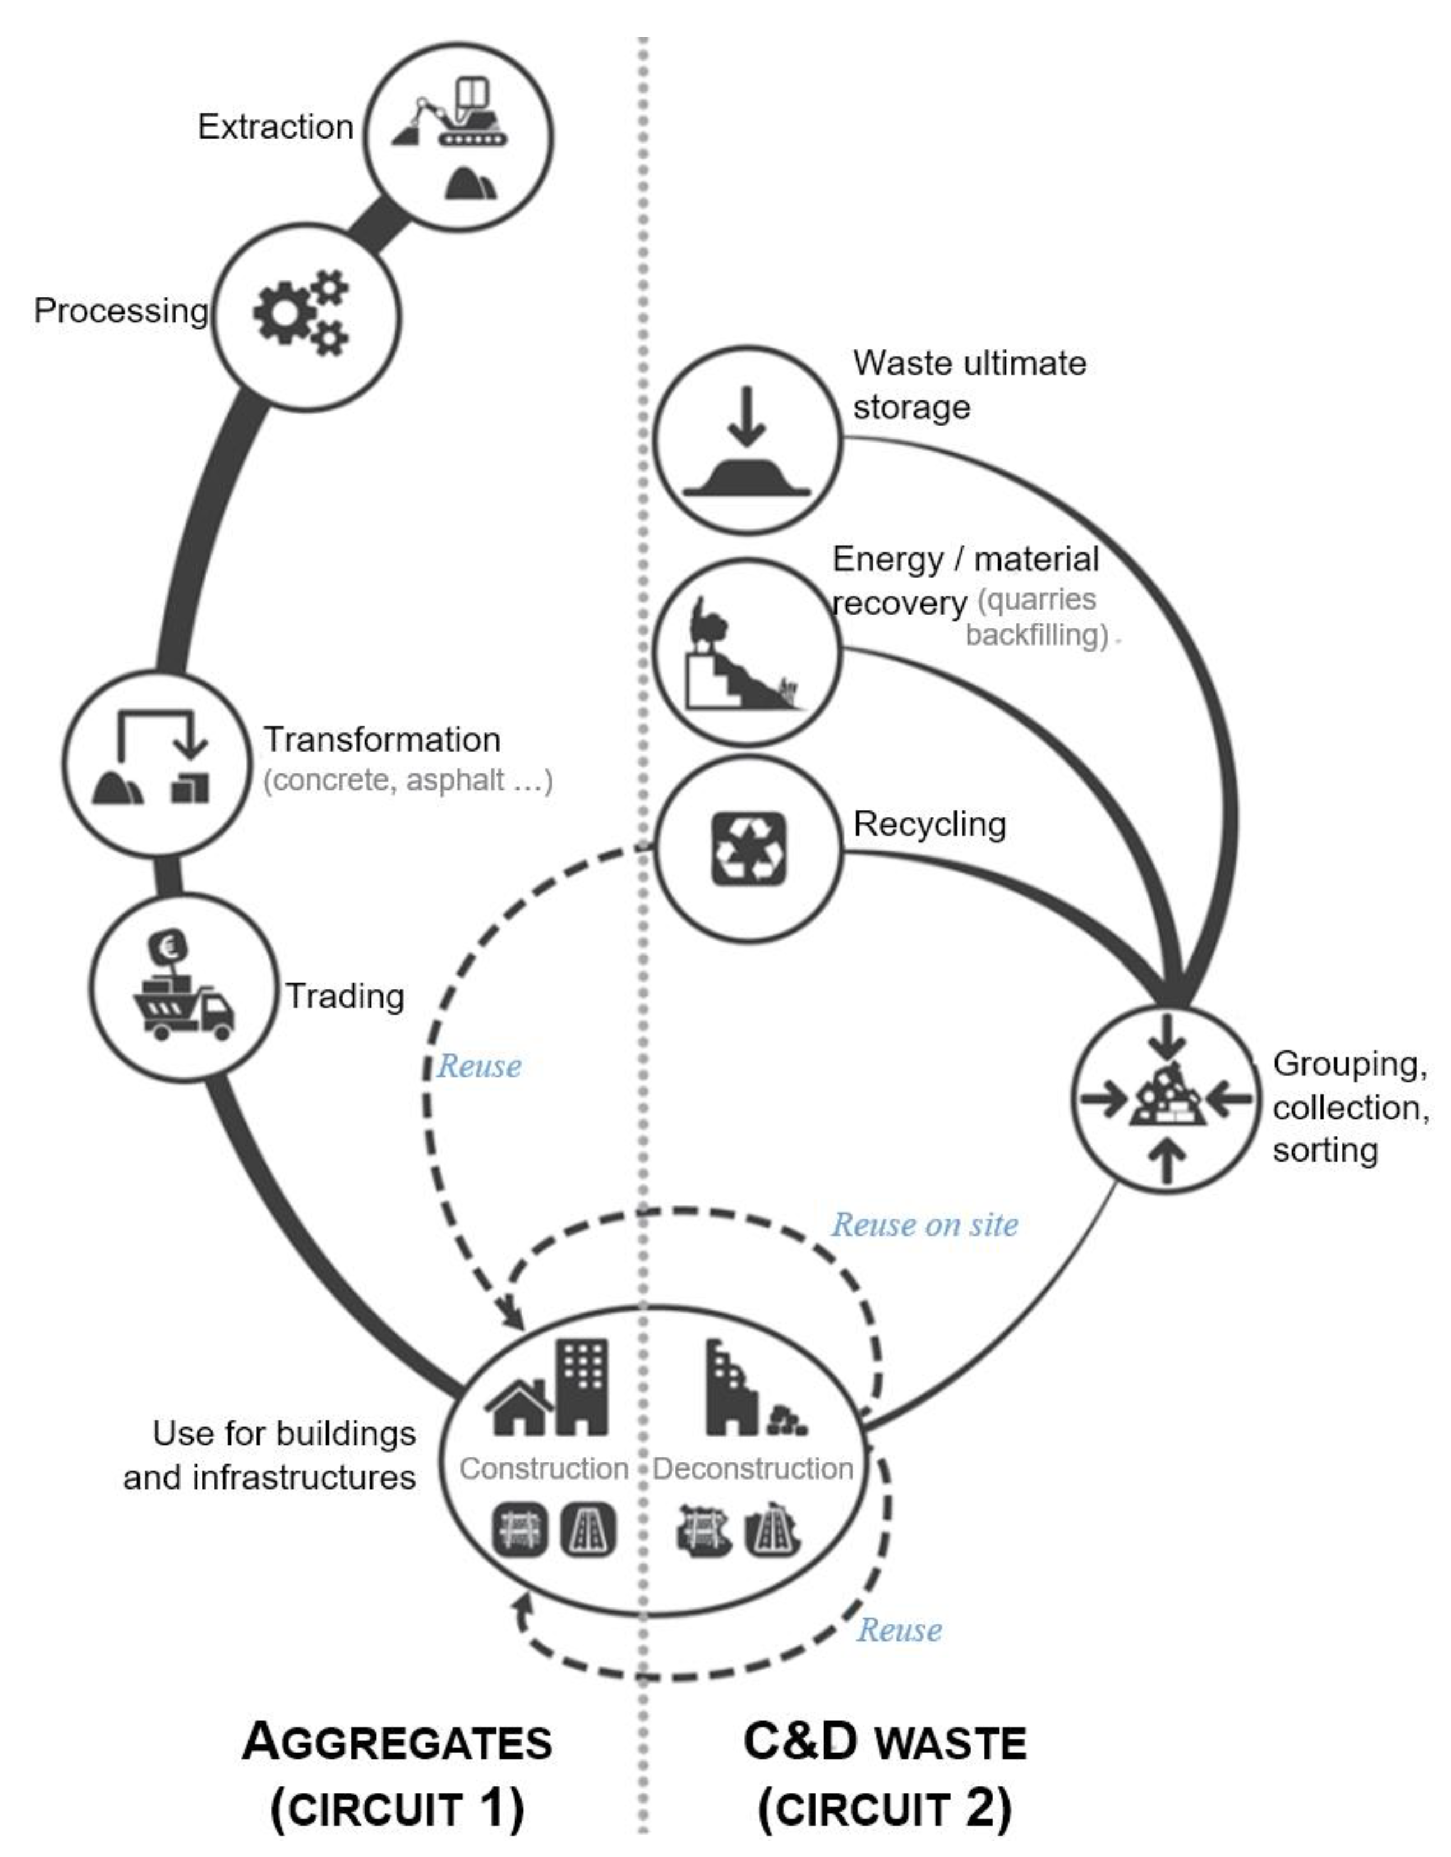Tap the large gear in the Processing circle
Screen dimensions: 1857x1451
pos(283,313)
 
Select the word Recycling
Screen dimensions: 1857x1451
pos(929,824)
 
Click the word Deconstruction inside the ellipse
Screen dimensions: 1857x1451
pos(753,1468)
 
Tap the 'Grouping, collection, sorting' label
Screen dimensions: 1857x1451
pos(1350,1107)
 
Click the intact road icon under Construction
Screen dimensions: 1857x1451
pos(588,1531)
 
